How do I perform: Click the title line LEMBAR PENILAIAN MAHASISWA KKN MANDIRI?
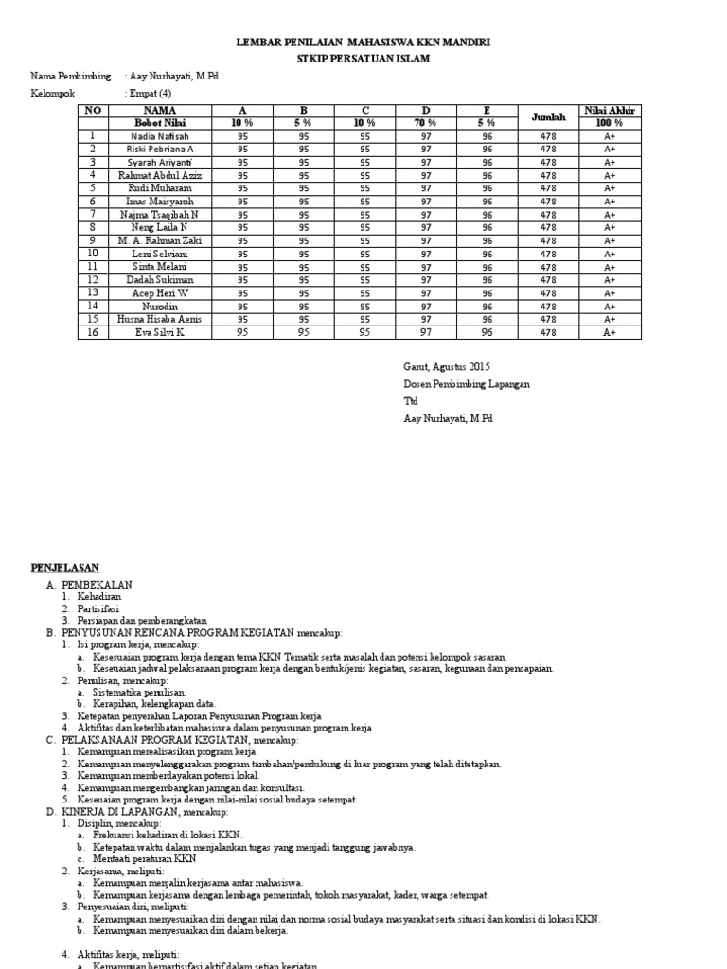point(363,44)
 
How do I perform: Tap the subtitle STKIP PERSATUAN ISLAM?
point(363,59)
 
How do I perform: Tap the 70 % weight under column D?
point(426,123)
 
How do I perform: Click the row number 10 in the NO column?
point(93,254)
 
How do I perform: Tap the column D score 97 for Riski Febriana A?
point(426,150)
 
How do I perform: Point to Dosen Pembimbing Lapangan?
point(467,384)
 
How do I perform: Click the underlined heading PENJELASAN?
point(66,567)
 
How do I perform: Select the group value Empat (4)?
point(151,94)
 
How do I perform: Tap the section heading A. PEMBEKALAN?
point(90,586)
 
